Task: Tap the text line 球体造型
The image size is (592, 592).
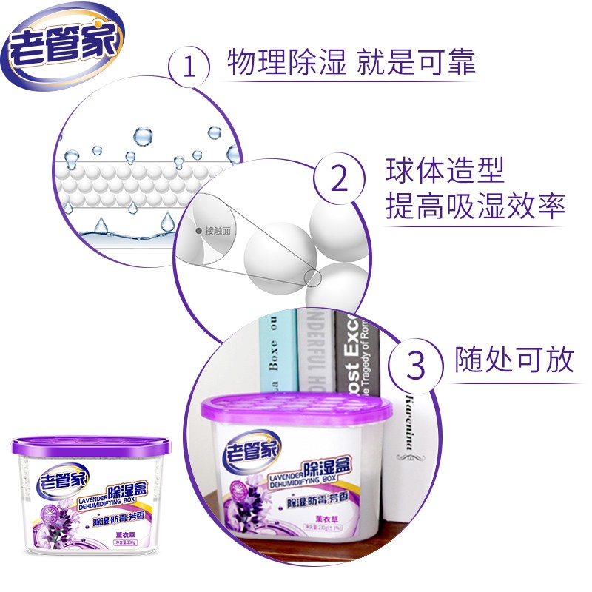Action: (445, 171)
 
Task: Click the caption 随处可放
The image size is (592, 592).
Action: (514, 360)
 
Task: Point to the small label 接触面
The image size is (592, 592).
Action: (217, 231)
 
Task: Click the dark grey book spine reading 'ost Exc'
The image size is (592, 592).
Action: (356, 355)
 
